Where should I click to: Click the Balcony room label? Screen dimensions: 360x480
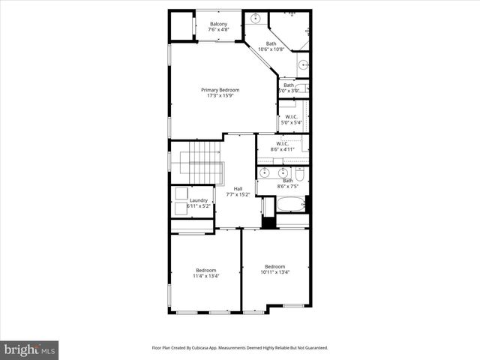tap(218, 25)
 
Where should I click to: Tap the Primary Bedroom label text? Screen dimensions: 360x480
tap(220, 90)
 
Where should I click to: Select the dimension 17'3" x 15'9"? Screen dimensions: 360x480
tap(220, 96)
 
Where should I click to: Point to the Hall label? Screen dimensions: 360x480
tap(238, 188)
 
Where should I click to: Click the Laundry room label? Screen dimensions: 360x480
tap(199, 200)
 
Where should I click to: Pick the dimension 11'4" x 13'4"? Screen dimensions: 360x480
tap(206, 276)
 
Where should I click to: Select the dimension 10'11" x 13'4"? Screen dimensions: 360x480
tap(274, 272)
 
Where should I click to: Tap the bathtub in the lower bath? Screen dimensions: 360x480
tap(290, 204)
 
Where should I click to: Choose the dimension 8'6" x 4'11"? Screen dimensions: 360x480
tap(283, 149)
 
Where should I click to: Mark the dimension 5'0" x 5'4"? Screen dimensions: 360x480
tap(290, 122)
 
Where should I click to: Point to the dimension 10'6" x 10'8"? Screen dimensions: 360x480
tap(271, 49)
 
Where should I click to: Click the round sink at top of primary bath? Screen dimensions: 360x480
tap(255, 16)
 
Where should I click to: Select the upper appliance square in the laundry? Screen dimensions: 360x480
tap(181, 193)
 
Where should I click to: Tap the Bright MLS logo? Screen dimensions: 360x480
tap(29, 349)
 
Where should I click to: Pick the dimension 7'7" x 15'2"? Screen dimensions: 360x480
tap(238, 194)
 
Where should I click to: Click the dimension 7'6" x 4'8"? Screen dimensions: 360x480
tap(218, 31)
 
